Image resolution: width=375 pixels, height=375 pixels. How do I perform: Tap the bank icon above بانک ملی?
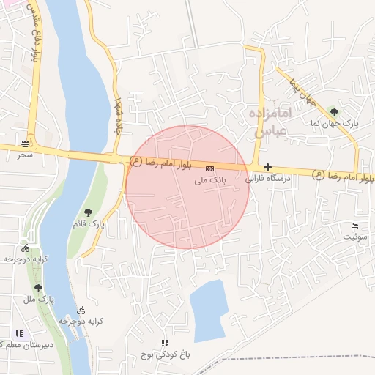pos(209,168)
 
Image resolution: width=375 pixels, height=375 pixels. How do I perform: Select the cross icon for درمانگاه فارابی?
pos(267,168)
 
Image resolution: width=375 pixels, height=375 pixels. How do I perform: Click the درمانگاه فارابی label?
pos(267,178)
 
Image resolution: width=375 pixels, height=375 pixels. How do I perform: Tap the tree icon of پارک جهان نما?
pos(335,112)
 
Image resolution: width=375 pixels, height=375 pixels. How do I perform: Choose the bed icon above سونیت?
pos(355,225)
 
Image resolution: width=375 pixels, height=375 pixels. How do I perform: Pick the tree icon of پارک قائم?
pos(89,212)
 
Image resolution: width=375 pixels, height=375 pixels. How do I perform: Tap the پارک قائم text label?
pos(89,223)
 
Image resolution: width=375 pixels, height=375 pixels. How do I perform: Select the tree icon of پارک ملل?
pos(38,288)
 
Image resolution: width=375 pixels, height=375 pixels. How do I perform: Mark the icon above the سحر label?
pos(26,143)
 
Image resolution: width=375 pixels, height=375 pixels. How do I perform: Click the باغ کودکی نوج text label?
pos(166,354)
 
